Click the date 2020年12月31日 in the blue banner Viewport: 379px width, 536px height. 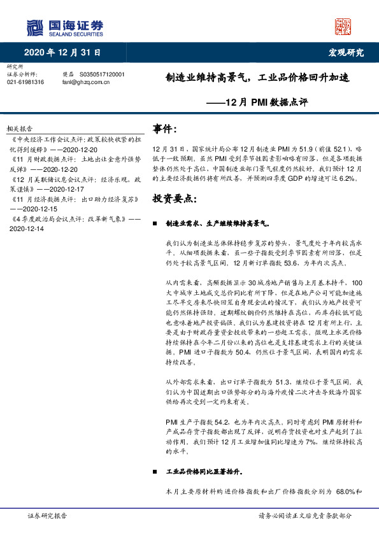coord(63,52)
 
